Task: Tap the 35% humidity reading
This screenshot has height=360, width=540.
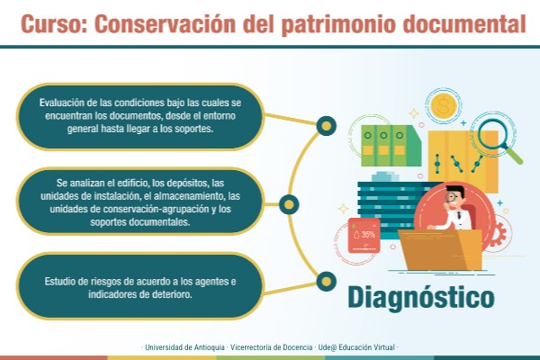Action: (x=364, y=236)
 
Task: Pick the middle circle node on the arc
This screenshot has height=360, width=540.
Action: (x=287, y=202)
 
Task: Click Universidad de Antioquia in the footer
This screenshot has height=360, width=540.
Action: (x=184, y=346)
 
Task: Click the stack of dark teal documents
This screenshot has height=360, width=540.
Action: (x=387, y=205)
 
